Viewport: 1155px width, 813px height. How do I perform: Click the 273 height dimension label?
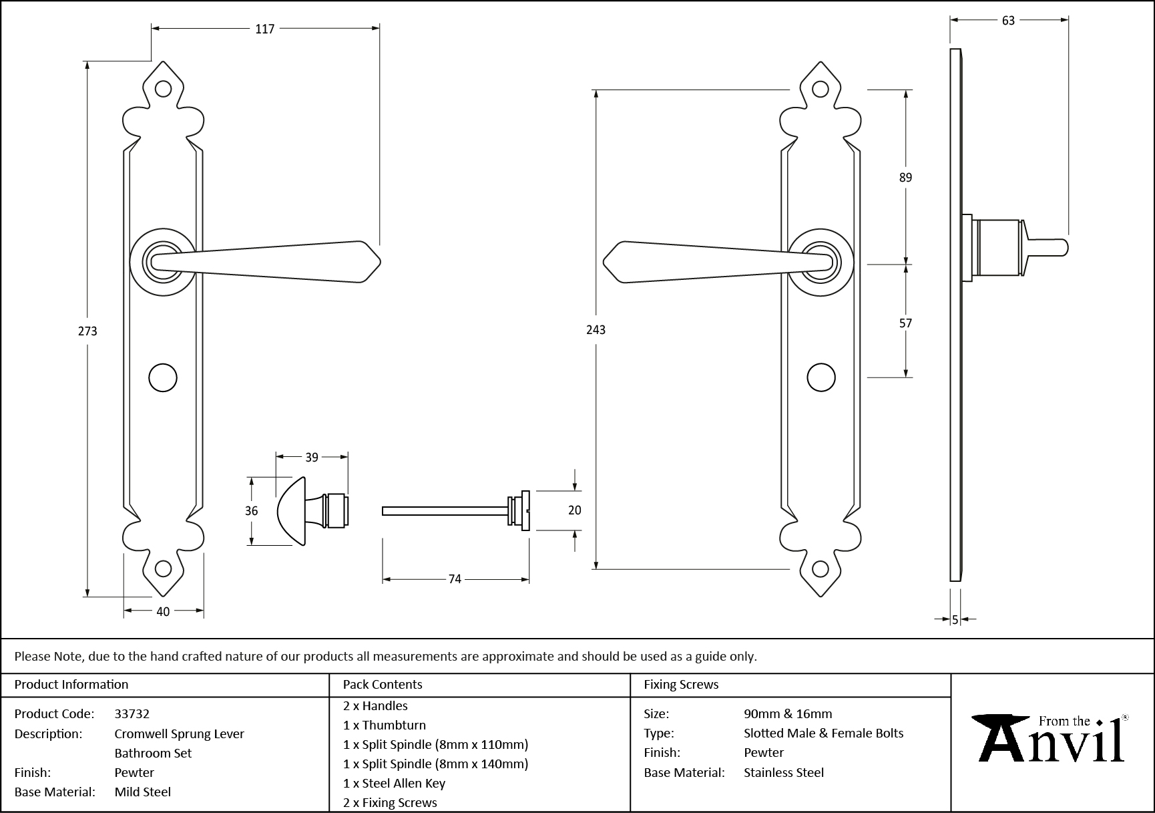tap(87, 331)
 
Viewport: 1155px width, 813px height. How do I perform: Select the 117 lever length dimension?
tap(264, 29)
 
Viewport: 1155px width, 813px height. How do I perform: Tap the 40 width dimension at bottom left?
tap(163, 611)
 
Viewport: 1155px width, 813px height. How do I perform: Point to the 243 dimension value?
tap(596, 329)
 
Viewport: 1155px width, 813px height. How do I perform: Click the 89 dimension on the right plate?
tap(905, 177)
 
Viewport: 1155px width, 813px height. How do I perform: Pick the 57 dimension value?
tap(905, 323)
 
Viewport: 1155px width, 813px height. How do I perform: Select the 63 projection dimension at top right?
tap(1008, 21)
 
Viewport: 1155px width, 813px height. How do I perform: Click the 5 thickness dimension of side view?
tap(955, 620)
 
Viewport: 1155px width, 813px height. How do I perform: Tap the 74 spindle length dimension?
tap(455, 579)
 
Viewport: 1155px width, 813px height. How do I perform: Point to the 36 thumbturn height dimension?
tap(251, 510)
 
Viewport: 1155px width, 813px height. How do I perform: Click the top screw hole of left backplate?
tap(163, 89)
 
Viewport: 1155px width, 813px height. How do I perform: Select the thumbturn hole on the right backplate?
tap(821, 377)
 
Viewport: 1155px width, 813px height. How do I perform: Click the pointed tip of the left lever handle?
tap(379, 262)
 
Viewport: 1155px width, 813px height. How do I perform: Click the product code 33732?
tap(132, 713)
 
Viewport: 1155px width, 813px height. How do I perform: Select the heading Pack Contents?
tap(383, 684)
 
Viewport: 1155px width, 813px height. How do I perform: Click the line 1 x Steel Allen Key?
tap(394, 783)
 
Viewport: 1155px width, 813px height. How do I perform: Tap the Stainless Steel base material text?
tap(784, 772)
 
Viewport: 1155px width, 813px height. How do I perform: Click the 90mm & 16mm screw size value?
tap(788, 713)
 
